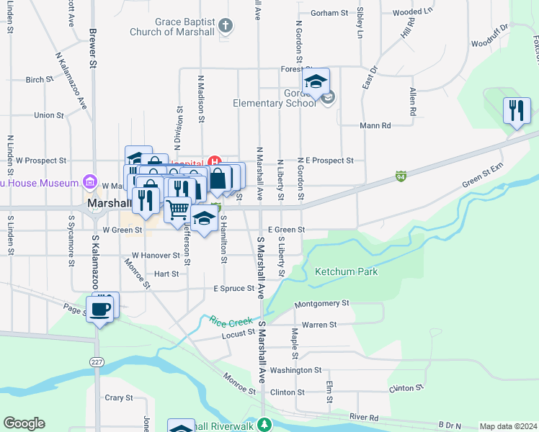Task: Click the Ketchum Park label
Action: click(x=346, y=271)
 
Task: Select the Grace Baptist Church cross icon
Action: click(x=226, y=27)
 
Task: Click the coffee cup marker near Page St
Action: click(x=100, y=310)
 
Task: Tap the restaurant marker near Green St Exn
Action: click(x=517, y=111)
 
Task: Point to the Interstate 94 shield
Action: click(x=401, y=176)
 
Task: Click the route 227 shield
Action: click(x=97, y=361)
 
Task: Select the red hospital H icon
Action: click(x=213, y=161)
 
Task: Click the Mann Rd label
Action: click(x=375, y=125)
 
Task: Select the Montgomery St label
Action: click(x=322, y=304)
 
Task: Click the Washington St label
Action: click(x=295, y=370)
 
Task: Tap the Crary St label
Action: click(x=119, y=397)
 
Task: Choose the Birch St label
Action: click(x=35, y=80)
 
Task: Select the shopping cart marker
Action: click(x=177, y=210)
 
